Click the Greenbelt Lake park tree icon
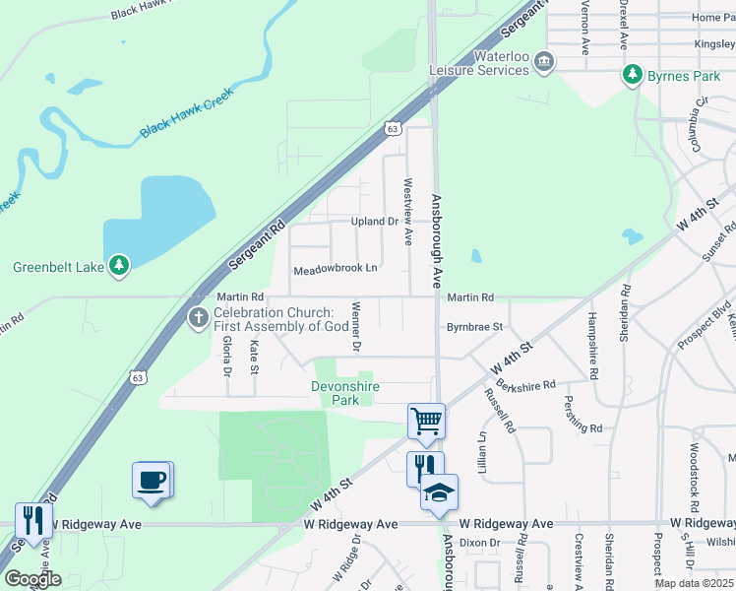(119, 265)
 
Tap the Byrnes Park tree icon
(631, 75)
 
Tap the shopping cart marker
(426, 421)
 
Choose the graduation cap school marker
(439, 493)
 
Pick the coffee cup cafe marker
(152, 480)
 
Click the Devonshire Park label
(345, 394)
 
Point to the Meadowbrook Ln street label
(336, 268)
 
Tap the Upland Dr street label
(375, 222)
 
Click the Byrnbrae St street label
(475, 326)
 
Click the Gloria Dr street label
(226, 356)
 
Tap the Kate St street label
(254, 357)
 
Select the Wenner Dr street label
(356, 326)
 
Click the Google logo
(31, 580)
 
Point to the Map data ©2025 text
(695, 583)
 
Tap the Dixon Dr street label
(480, 543)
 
